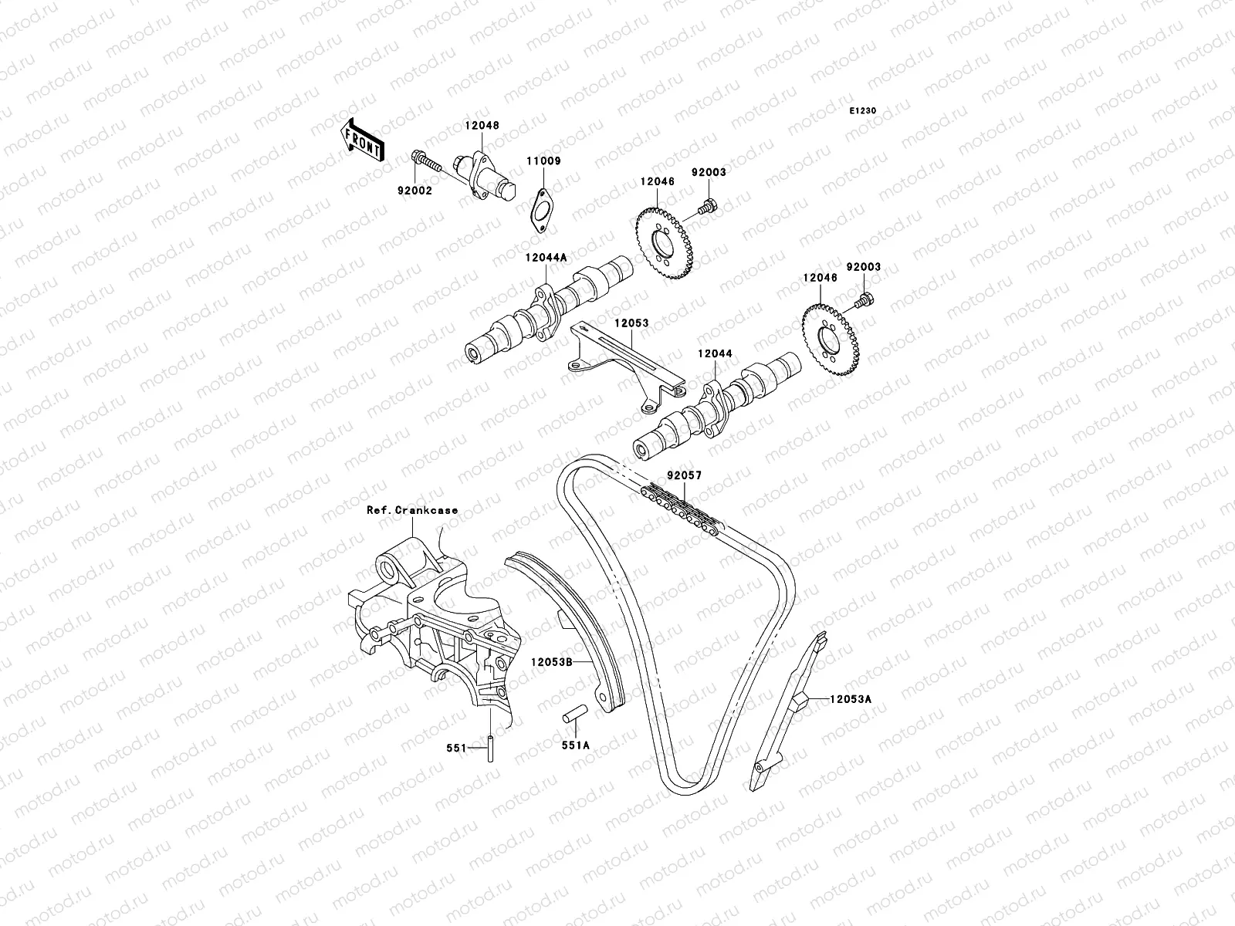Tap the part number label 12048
[x=481, y=125]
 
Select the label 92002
[x=415, y=191]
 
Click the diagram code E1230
[x=863, y=111]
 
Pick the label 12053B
[x=550, y=661]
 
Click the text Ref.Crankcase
[x=412, y=510]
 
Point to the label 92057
[x=685, y=476]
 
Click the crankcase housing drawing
[x=432, y=633]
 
